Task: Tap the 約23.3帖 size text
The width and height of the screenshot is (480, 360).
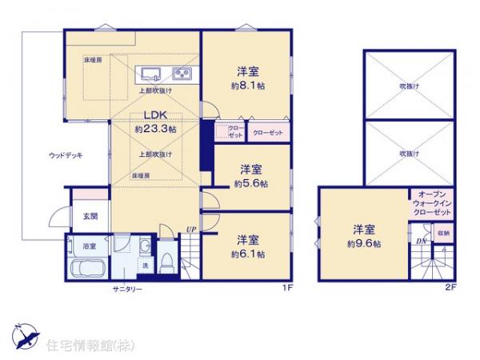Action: click(156, 128)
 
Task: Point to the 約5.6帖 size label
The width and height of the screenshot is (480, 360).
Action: click(251, 183)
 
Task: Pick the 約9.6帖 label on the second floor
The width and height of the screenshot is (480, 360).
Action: click(364, 242)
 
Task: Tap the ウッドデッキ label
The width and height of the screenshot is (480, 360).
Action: click(66, 155)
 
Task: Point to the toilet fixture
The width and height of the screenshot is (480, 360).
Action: click(166, 258)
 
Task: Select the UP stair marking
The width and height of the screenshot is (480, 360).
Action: click(190, 230)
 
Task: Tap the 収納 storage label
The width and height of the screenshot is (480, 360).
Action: click(442, 233)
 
